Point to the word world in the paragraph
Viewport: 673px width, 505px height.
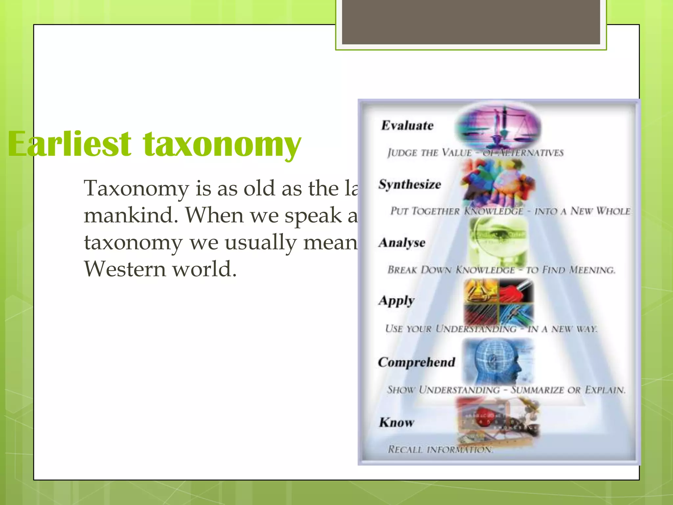(x=204, y=269)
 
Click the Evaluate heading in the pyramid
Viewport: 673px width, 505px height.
(x=407, y=126)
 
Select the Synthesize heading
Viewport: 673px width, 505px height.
(x=409, y=184)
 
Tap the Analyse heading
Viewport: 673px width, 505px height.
(x=402, y=243)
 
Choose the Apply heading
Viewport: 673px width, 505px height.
(x=396, y=301)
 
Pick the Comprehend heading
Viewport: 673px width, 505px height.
(x=416, y=362)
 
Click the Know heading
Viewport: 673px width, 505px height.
(x=396, y=422)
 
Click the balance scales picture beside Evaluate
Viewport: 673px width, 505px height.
(x=498, y=127)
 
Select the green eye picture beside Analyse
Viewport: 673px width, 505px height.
(x=498, y=242)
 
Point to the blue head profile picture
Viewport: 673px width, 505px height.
(x=498, y=362)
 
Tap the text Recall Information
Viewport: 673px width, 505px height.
(x=440, y=449)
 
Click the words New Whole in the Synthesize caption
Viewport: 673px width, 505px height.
(x=600, y=211)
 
